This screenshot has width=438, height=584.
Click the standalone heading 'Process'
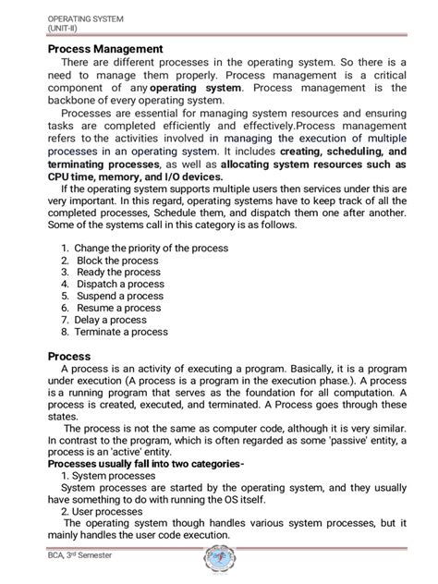coord(69,355)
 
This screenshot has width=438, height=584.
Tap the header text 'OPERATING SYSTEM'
coord(85,18)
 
